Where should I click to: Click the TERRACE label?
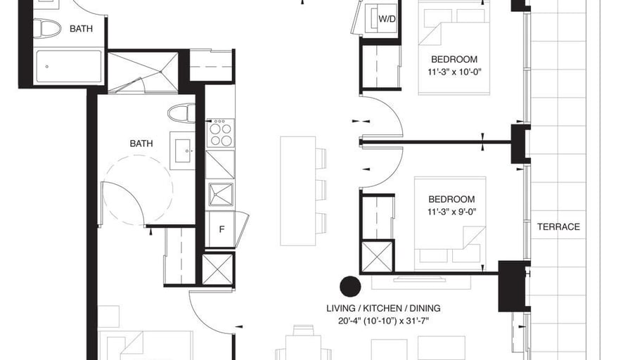pyautogui.click(x=558, y=227)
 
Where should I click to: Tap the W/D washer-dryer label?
pyautogui.click(x=387, y=19)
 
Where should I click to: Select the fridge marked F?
pyautogui.click(x=221, y=229)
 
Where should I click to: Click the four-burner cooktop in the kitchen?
pyautogui.click(x=221, y=133)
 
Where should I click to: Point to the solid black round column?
pyautogui.click(x=350, y=287)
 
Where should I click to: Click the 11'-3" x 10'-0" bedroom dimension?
pyautogui.click(x=454, y=72)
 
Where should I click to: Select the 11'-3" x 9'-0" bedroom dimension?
pyautogui.click(x=451, y=212)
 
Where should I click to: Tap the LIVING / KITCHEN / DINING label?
pyautogui.click(x=383, y=308)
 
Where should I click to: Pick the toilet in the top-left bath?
pyautogui.click(x=46, y=29)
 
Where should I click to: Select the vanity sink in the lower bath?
pyautogui.click(x=183, y=150)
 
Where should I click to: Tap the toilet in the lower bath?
pyautogui.click(x=181, y=113)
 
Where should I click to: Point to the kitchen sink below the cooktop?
pyautogui.click(x=221, y=195)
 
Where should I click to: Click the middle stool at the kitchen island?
pyautogui.click(x=321, y=190)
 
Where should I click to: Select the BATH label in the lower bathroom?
pyautogui.click(x=141, y=143)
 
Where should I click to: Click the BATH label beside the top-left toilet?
pyautogui.click(x=81, y=29)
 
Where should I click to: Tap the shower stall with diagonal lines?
pyautogui.click(x=143, y=72)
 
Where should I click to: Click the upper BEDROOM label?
pyautogui.click(x=454, y=60)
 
